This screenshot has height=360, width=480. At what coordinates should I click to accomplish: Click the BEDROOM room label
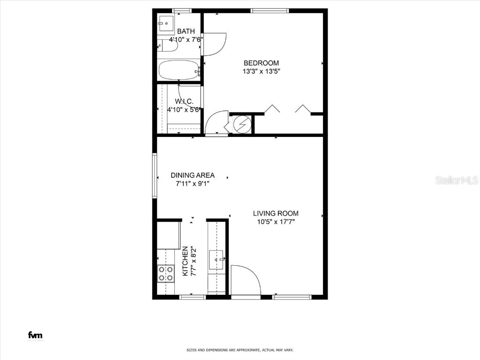pos(261,63)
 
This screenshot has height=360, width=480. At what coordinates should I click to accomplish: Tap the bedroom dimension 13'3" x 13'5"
pos(261,71)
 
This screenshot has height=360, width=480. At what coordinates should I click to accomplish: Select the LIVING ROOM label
pos(276,213)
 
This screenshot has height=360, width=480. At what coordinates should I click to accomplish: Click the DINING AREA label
pos(192,175)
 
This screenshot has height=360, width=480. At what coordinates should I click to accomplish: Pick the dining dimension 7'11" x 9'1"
pos(192,184)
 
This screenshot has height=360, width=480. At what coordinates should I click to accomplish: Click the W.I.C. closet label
pos(184,101)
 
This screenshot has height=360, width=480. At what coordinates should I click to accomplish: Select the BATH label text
pos(186,31)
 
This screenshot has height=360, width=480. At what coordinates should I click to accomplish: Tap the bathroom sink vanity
pos(165,22)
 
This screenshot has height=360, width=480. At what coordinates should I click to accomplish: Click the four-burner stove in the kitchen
pos(165,273)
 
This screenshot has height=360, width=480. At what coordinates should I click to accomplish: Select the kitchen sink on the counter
pos(217,259)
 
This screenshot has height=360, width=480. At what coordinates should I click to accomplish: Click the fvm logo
pos(35,335)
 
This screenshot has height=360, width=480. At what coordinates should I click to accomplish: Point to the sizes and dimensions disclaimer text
pos(240,350)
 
